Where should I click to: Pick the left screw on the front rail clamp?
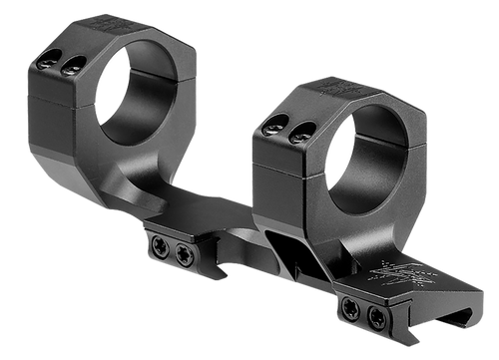[x=351, y=313]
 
